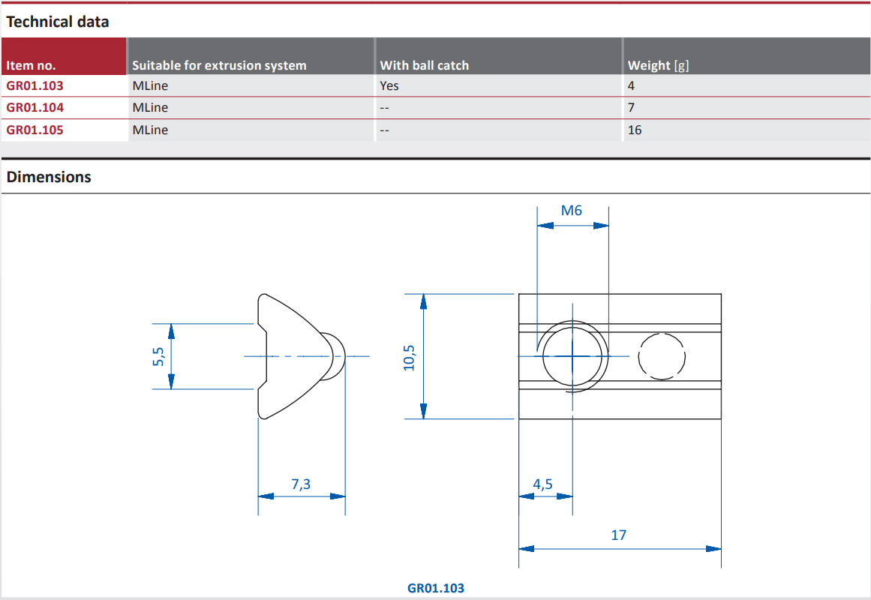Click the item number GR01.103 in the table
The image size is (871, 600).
pyautogui.click(x=35, y=85)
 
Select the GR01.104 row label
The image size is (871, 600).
pyautogui.click(x=35, y=107)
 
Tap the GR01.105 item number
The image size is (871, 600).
pyautogui.click(x=35, y=130)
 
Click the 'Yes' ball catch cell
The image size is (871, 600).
pyautogui.click(x=389, y=85)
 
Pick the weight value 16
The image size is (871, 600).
pyautogui.click(x=635, y=130)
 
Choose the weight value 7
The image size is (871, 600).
pyautogui.click(x=632, y=107)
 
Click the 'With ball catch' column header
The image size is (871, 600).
pyautogui.click(x=424, y=65)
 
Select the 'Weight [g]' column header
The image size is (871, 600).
pyautogui.click(x=658, y=65)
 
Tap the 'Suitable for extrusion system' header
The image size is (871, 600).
pyautogui.click(x=219, y=65)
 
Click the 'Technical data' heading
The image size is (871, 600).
pyautogui.click(x=58, y=22)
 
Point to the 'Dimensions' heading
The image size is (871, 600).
pyautogui.click(x=49, y=177)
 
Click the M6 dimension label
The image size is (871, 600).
pyautogui.click(x=572, y=211)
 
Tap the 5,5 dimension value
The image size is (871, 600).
pyautogui.click(x=158, y=357)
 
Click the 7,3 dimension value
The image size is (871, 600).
pyautogui.click(x=301, y=484)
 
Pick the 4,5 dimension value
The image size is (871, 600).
pyautogui.click(x=542, y=484)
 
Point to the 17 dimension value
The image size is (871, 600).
pyautogui.click(x=618, y=535)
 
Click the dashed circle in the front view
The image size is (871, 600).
pyautogui.click(x=662, y=356)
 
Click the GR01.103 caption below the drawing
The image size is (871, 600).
pyautogui.click(x=436, y=588)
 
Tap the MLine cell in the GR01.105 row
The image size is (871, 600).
pyautogui.click(x=150, y=130)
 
